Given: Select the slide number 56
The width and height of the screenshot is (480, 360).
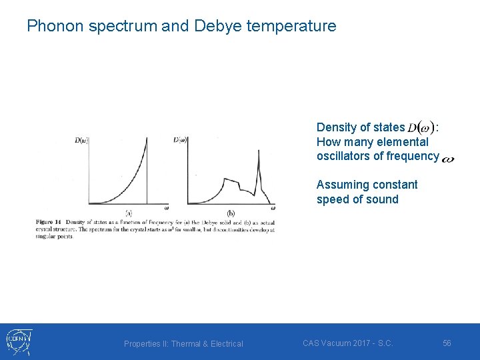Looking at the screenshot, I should [x=447, y=343].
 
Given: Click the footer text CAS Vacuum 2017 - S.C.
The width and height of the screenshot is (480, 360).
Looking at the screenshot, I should [x=347, y=343].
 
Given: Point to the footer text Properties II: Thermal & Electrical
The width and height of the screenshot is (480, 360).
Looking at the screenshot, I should [x=183, y=343].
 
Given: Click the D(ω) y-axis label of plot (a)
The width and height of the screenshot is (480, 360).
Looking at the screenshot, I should [x=81, y=140].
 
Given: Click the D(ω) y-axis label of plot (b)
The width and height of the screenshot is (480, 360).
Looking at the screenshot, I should [x=180, y=140].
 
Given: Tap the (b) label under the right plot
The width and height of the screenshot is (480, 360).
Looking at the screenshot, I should [x=230, y=213].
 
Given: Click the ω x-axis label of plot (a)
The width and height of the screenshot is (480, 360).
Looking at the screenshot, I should [x=166, y=207].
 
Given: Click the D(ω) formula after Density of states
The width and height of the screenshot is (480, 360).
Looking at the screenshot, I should [x=422, y=127].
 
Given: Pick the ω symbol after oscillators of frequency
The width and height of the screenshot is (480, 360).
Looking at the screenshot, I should [x=448, y=159].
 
